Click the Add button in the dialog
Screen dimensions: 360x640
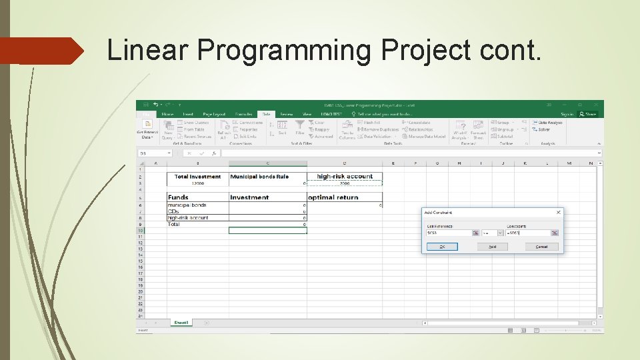pos(492,247)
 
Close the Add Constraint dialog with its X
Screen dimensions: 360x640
pos(558,213)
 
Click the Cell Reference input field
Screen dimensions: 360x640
pos(449,233)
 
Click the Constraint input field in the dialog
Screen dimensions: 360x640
pos(527,233)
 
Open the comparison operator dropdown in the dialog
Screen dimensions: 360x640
pos(492,233)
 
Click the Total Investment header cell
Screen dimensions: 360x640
pos(197,177)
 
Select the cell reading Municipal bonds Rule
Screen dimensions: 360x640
pos(267,177)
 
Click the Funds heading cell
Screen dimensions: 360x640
pos(197,197)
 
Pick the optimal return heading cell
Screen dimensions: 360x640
pos(344,197)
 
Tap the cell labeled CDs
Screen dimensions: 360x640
pos(197,212)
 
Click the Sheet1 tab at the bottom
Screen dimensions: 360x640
pos(181,323)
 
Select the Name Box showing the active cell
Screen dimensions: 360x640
pos(153,153)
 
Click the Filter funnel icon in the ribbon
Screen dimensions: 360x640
pos(300,125)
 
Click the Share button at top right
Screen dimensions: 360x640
pos(587,114)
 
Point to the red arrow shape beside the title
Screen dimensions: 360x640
pos(43,51)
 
